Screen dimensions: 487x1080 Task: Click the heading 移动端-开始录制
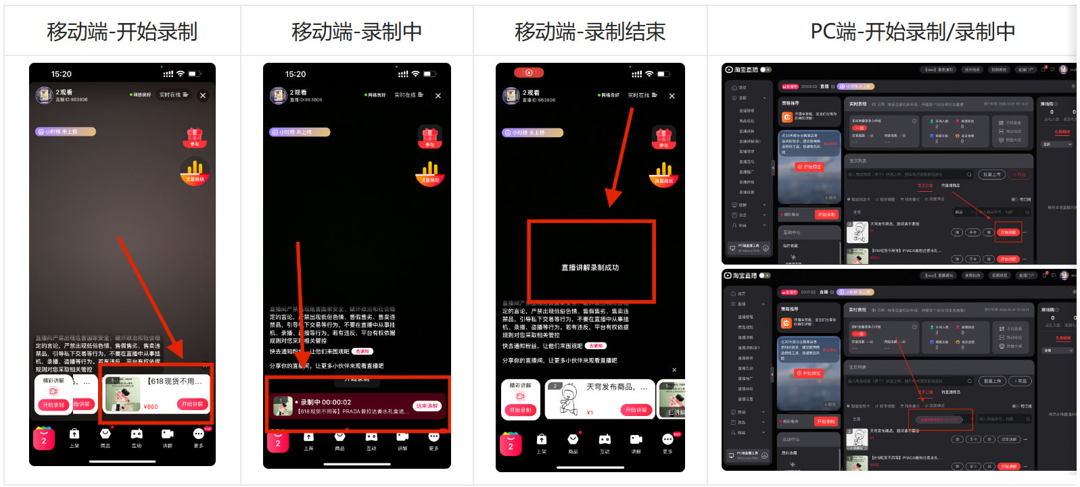(122, 32)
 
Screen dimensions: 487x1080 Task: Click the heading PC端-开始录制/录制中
(912, 32)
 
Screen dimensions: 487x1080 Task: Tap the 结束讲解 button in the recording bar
(427, 406)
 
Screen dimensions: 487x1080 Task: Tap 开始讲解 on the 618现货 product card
(192, 404)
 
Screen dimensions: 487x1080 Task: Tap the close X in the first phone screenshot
(203, 96)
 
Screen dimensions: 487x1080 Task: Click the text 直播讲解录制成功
(590, 267)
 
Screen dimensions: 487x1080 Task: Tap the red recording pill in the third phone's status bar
(529, 73)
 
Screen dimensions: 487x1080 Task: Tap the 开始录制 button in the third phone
(520, 410)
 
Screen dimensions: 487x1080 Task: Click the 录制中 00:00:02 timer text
(326, 402)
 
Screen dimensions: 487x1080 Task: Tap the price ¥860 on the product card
(151, 407)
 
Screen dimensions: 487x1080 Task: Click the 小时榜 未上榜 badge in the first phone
(65, 132)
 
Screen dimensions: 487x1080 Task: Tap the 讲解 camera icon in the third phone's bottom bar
(636, 440)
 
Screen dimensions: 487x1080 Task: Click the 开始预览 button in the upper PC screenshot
(809, 167)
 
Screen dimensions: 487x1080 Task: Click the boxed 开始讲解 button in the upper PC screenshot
(1008, 232)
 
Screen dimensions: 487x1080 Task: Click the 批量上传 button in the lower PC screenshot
(992, 381)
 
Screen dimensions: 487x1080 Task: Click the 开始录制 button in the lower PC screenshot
(826, 421)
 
